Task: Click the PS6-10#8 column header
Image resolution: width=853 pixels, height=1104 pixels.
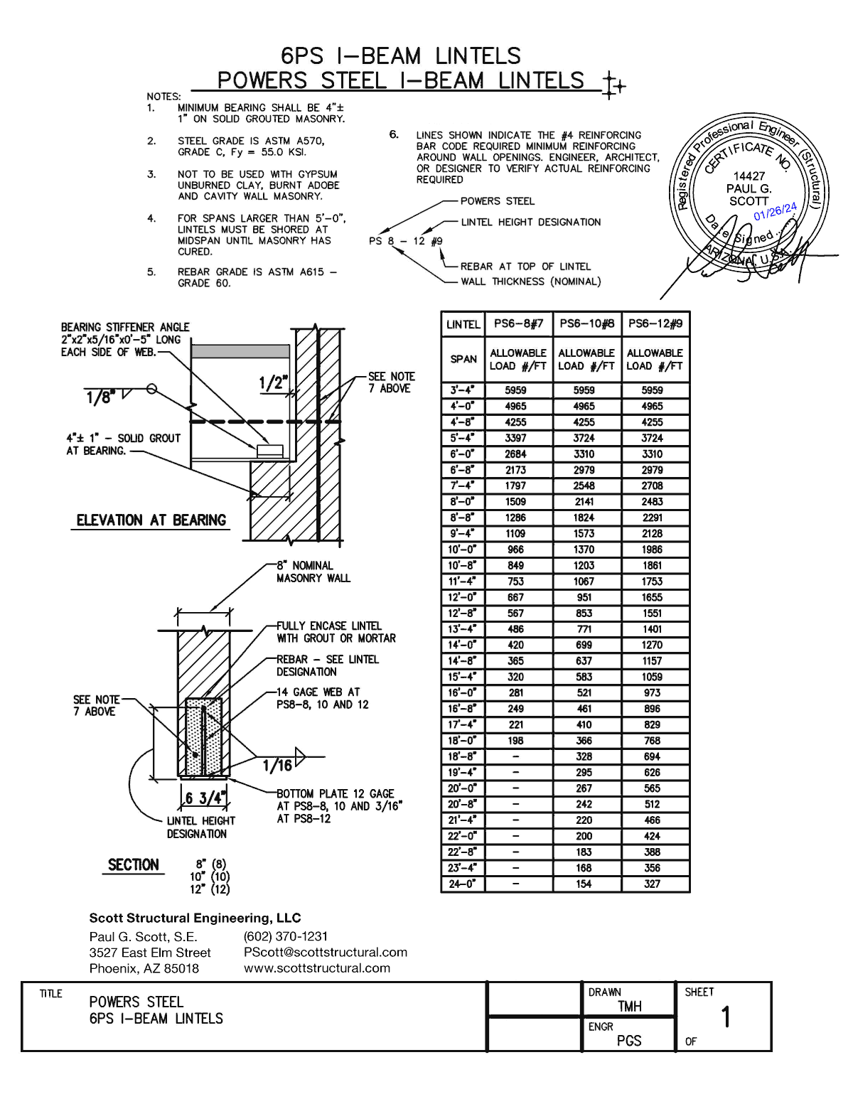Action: (x=586, y=323)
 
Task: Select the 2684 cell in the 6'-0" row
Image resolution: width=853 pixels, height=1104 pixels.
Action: (x=515, y=454)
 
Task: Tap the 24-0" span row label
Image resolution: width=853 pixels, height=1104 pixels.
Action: (x=462, y=884)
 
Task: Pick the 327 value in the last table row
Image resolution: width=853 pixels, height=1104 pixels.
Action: (x=652, y=884)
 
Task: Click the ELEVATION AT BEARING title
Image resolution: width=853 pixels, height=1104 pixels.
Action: (x=151, y=520)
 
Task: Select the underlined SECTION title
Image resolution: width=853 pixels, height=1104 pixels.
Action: (x=133, y=865)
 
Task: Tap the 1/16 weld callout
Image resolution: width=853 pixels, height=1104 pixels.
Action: (x=277, y=765)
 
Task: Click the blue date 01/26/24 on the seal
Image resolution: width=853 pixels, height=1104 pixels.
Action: (x=775, y=211)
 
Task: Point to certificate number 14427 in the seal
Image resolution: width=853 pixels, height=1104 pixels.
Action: (x=749, y=176)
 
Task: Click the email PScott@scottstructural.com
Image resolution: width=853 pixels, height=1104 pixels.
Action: (x=326, y=952)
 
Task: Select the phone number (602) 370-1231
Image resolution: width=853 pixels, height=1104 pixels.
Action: (x=286, y=936)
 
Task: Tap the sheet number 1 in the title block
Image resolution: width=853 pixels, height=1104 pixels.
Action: (x=726, y=1017)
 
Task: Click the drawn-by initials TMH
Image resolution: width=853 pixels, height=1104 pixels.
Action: (x=630, y=1007)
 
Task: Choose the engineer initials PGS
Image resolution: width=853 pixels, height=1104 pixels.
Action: (x=629, y=1041)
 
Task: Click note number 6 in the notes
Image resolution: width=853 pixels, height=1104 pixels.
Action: (x=394, y=134)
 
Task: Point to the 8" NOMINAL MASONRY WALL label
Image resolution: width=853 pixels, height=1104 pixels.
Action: (x=313, y=572)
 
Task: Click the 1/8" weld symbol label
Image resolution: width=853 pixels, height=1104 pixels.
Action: (x=100, y=397)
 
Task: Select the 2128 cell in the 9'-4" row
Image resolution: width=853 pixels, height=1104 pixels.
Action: (x=652, y=534)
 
